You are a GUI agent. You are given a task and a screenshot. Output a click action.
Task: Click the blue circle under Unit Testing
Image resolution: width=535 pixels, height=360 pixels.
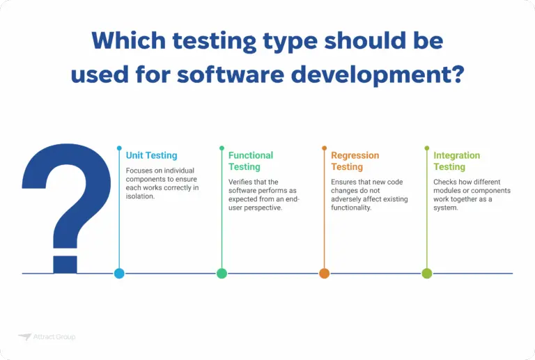[119, 273]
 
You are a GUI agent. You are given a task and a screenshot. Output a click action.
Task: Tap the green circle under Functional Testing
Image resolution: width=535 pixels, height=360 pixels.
[222, 273]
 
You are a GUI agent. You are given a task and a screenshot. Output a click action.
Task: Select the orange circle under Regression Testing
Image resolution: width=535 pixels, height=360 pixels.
[325, 273]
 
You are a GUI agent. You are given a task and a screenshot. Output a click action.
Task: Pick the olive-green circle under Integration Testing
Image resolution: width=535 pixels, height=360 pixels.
[427, 273]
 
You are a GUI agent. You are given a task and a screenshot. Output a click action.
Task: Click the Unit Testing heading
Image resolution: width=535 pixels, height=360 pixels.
[151, 155]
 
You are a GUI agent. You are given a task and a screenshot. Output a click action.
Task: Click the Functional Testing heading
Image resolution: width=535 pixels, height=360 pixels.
[251, 161]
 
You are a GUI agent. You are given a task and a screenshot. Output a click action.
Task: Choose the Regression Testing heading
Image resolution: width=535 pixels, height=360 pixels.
[355, 161]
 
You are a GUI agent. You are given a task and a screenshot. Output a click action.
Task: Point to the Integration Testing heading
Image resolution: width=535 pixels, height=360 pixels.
[456, 161]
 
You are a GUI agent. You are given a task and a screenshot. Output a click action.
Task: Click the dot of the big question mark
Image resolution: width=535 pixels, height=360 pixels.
[65, 264]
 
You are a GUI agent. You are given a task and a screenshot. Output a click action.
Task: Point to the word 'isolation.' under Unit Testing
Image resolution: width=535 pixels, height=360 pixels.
[141, 196]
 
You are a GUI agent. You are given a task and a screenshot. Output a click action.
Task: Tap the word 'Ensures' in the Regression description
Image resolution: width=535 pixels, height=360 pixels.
[344, 182]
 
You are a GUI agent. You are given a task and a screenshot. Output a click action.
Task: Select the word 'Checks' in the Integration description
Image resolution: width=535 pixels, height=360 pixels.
[446, 182]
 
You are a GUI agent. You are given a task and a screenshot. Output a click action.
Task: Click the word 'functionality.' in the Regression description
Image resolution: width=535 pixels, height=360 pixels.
[352, 208]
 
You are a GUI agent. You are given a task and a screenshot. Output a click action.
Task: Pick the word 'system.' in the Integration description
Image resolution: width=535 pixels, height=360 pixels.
[446, 208]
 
